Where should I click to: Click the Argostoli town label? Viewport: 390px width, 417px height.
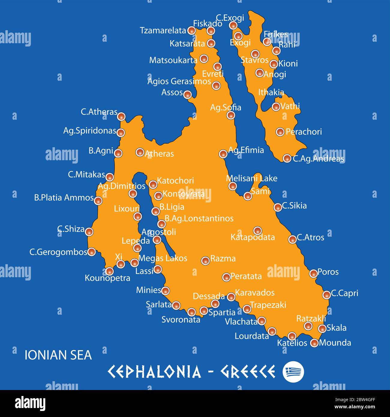point(158,232)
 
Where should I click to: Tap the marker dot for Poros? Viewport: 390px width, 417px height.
point(313,273)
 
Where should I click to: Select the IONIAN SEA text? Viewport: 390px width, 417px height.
point(58,355)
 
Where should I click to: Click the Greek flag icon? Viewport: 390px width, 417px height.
point(293,372)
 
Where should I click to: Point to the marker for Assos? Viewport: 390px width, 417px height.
point(187,95)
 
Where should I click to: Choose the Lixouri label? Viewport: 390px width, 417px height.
point(127,208)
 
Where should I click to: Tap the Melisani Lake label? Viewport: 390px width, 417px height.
point(251,178)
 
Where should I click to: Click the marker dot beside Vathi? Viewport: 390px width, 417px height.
point(276,106)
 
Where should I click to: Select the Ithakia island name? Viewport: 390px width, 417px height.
point(271,92)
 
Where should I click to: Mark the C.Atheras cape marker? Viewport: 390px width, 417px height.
point(121,116)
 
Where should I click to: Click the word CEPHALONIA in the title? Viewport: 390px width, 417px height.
point(154,372)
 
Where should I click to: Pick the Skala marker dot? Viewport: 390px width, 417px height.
point(322,328)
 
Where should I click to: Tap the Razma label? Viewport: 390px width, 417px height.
point(223,258)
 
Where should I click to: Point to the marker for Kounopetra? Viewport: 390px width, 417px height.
point(109,271)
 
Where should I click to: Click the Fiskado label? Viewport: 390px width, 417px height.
point(208,23)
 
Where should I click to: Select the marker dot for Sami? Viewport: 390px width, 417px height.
point(247,196)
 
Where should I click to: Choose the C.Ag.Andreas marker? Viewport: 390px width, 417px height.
point(287,158)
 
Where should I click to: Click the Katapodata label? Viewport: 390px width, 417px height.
point(253,237)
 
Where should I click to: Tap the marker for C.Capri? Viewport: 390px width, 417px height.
point(326,295)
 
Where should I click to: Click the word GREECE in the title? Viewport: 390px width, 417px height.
point(248,372)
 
